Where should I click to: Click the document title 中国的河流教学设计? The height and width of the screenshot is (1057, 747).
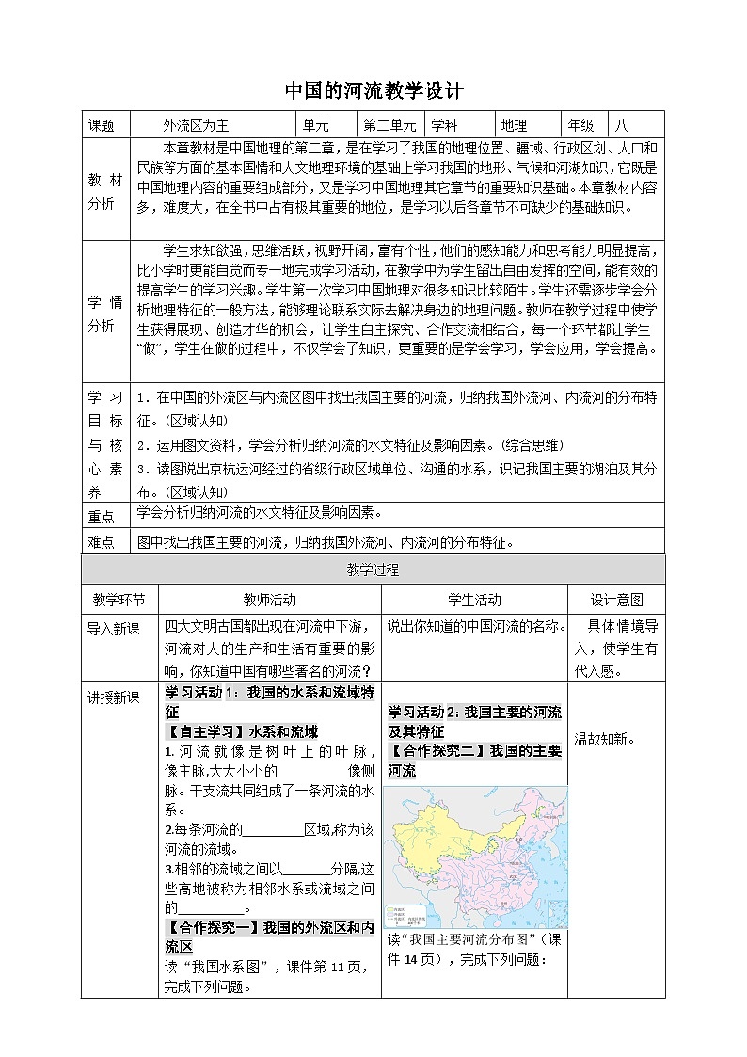click(x=373, y=91)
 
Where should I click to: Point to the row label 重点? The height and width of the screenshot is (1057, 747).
click(x=101, y=516)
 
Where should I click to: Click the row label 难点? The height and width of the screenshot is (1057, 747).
click(x=101, y=541)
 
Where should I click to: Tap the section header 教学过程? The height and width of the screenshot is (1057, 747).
click(x=373, y=569)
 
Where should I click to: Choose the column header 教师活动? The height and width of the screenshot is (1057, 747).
click(x=269, y=600)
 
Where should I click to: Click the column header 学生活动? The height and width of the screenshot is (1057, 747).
click(x=474, y=600)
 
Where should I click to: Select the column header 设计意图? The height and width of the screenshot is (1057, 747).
click(x=616, y=600)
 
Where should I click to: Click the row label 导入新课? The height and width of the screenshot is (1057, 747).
click(x=113, y=628)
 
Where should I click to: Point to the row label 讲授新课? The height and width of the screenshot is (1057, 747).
click(x=113, y=697)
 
